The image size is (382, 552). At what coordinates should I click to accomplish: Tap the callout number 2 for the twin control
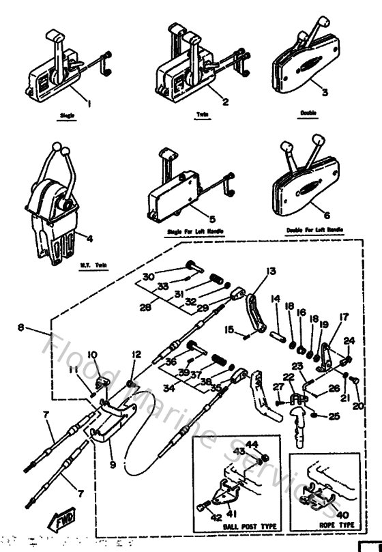pos(206,103)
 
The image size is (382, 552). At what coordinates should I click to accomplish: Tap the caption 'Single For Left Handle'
pos(195,233)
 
